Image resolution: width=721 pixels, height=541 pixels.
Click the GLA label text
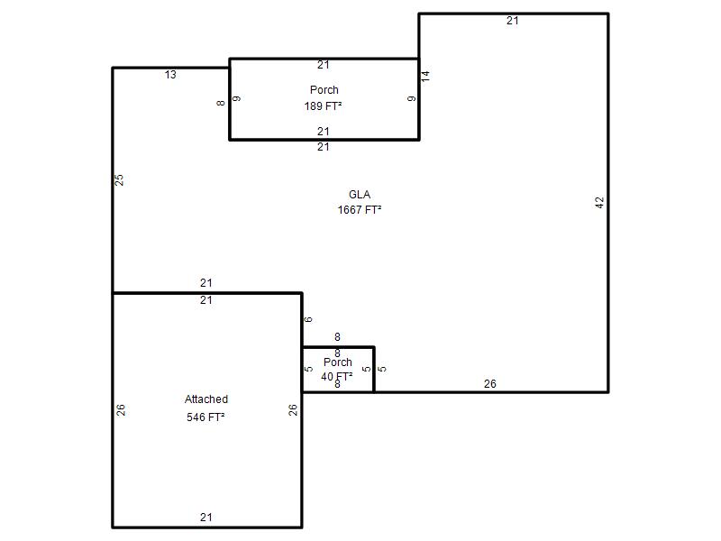point(360,195)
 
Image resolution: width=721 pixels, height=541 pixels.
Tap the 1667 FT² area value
point(360,210)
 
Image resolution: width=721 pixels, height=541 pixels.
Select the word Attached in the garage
point(206,399)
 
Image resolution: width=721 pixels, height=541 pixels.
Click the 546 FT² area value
point(205,417)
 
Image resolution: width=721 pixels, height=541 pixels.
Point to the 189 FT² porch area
point(323,106)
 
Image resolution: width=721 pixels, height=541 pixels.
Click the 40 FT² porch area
point(337,376)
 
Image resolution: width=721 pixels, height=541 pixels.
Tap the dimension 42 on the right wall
point(599,202)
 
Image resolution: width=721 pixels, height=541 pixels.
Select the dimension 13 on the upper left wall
point(170,75)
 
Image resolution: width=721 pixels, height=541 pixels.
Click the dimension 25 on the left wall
point(119,179)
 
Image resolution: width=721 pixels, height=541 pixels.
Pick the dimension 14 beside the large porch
point(425,77)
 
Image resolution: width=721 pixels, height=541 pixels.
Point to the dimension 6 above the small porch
point(308,319)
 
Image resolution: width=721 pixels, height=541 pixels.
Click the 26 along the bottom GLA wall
point(490,384)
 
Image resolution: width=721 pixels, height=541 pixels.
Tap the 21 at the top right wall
point(513,21)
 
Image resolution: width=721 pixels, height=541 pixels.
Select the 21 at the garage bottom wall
point(206,517)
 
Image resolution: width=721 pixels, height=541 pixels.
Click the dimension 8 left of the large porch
point(221,103)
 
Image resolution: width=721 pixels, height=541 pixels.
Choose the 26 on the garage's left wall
point(121,410)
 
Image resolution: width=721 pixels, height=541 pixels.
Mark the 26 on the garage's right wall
point(293,410)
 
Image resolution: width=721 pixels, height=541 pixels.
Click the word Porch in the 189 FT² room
point(324,89)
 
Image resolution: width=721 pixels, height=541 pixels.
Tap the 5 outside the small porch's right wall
point(382,369)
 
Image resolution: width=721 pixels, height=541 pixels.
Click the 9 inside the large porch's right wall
point(412,98)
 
